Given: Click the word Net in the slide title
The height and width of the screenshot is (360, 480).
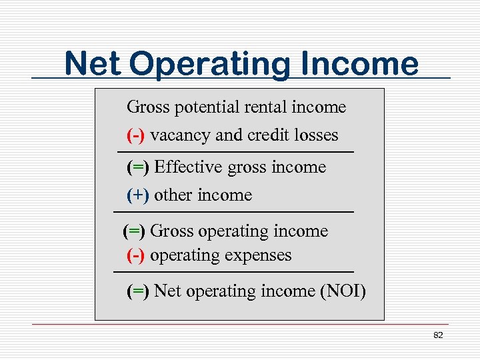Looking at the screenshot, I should tap(93, 64).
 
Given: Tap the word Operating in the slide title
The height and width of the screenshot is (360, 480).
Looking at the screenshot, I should tap(208, 65).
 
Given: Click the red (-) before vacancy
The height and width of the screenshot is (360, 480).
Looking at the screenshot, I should tap(135, 135).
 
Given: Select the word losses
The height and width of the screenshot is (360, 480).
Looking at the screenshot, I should tap(317, 135).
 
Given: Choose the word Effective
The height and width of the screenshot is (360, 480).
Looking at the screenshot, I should tap(189, 167).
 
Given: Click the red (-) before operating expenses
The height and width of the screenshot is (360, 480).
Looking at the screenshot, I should tap(135, 255).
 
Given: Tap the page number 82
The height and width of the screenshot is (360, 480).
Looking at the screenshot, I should tap(438, 335).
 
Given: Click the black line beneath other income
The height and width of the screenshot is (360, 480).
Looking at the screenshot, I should tap(233, 212).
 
